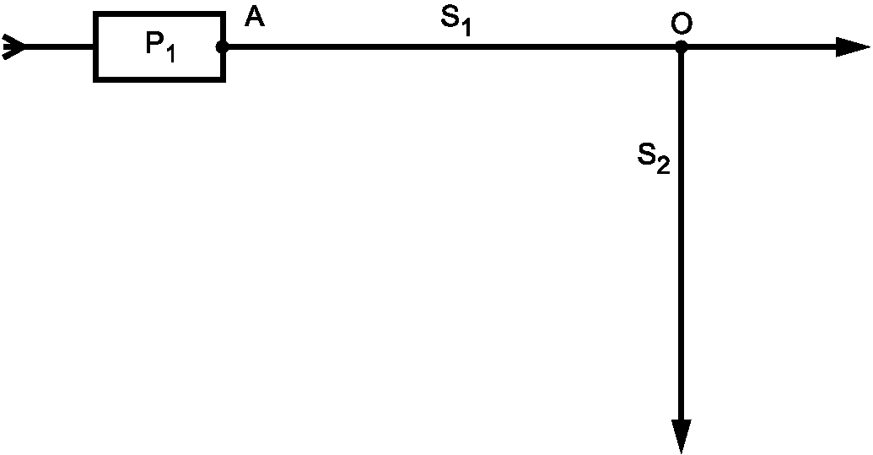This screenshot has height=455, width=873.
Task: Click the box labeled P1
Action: coord(159,47)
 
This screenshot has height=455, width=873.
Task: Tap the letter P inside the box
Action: coord(154,44)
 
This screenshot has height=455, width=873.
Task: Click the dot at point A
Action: coord(222,47)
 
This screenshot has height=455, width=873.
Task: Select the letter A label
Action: coord(255,18)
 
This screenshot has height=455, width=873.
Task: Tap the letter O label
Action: coord(681,25)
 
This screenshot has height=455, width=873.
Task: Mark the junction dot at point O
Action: coord(681,47)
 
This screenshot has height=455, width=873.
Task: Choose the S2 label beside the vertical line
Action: coord(654,158)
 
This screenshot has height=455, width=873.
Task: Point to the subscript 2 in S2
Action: coord(663,165)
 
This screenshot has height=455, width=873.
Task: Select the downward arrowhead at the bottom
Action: coord(682,436)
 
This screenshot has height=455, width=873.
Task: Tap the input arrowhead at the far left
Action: coord(14,47)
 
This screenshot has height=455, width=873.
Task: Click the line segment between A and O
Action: coord(447,47)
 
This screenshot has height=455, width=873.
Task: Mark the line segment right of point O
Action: coord(759,47)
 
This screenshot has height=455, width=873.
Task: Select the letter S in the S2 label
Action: coord(647,155)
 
